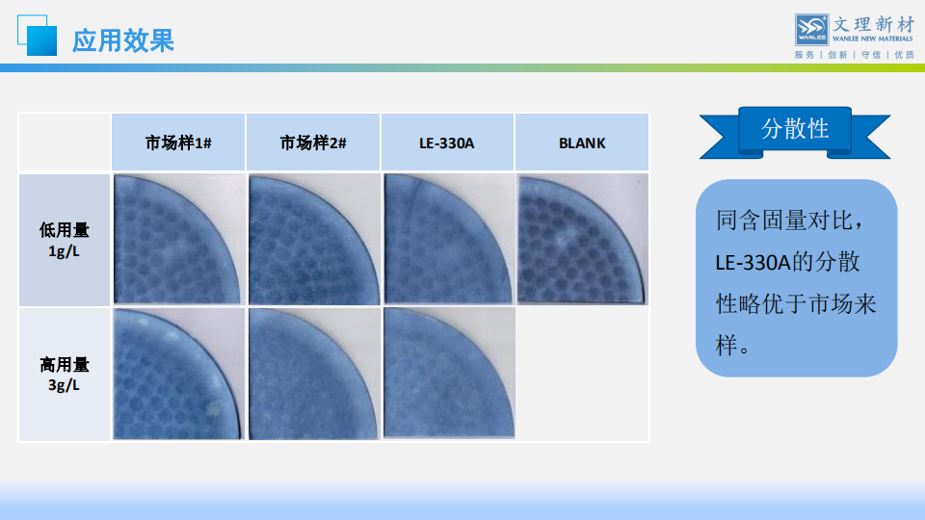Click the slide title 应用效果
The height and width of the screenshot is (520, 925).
(x=123, y=40)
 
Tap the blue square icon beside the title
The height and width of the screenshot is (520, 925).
(x=38, y=36)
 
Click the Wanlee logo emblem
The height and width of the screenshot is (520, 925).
(x=811, y=30)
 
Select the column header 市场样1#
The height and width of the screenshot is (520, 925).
(x=178, y=143)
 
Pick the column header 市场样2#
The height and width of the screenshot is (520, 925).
(x=313, y=143)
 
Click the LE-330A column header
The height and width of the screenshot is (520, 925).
(x=446, y=143)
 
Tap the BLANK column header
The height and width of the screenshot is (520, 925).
(x=582, y=143)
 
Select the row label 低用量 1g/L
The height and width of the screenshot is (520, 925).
(x=64, y=240)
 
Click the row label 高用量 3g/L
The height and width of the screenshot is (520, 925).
(x=64, y=375)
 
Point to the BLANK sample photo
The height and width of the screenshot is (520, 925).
(x=582, y=239)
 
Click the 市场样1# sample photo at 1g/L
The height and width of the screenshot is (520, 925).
(x=178, y=239)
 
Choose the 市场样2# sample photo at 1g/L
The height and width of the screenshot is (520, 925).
(x=314, y=239)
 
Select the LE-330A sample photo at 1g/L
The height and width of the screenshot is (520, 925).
(x=448, y=239)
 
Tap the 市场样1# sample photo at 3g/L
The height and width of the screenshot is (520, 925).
(x=178, y=374)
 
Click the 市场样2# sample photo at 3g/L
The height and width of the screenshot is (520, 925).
(x=314, y=374)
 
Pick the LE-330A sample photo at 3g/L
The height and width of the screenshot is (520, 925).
(x=448, y=374)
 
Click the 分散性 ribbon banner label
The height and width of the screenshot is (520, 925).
(x=795, y=128)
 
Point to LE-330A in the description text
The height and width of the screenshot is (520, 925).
(x=753, y=262)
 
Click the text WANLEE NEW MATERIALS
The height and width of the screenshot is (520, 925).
(x=873, y=39)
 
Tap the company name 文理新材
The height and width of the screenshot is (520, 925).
(x=873, y=24)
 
